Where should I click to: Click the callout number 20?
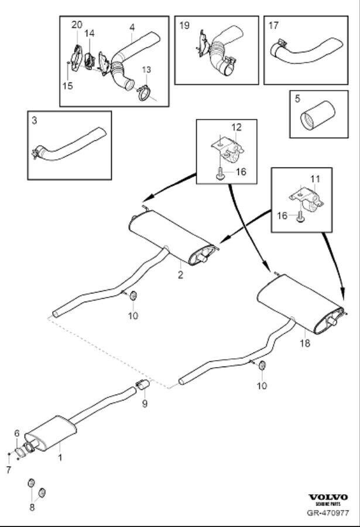(77, 24)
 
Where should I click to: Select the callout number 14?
(89, 34)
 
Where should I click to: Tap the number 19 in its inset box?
(184, 25)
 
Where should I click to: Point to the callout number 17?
(273, 25)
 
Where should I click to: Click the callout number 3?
(35, 121)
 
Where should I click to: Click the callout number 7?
(8, 470)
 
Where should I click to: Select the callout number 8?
(32, 507)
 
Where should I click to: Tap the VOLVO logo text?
(328, 497)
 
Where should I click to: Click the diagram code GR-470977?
(328, 514)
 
